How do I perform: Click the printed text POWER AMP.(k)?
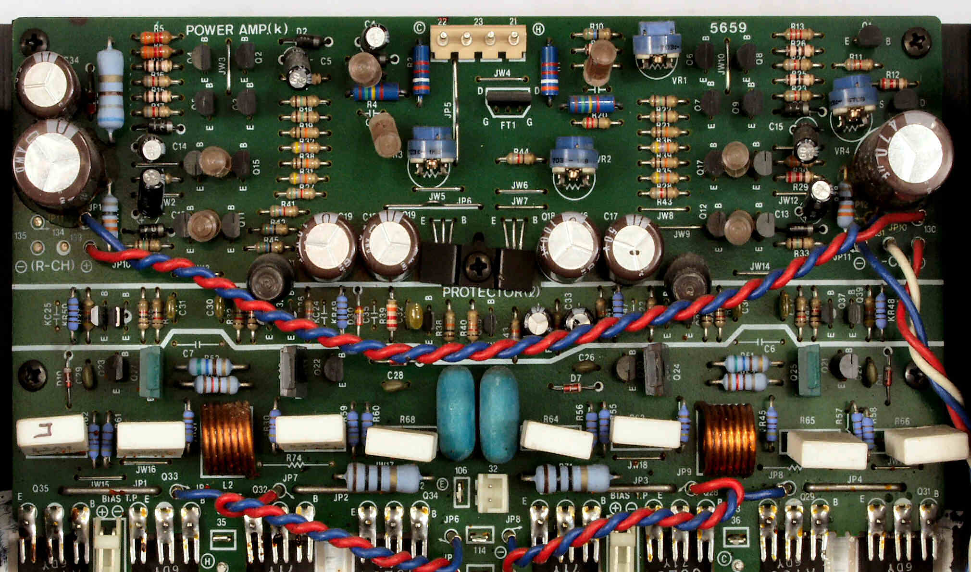point(237,30)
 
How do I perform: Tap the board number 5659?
point(728,28)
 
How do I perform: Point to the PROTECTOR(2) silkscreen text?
point(491,292)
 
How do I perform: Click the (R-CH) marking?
point(53,266)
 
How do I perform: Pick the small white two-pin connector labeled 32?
point(491,493)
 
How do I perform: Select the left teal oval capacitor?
point(455,414)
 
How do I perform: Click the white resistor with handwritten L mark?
point(52,435)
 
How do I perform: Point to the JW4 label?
point(501,73)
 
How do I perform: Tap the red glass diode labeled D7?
point(576,387)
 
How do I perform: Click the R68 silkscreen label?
point(407,419)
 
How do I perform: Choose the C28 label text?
point(395,375)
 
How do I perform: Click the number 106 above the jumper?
point(461,470)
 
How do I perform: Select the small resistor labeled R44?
point(520,158)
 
